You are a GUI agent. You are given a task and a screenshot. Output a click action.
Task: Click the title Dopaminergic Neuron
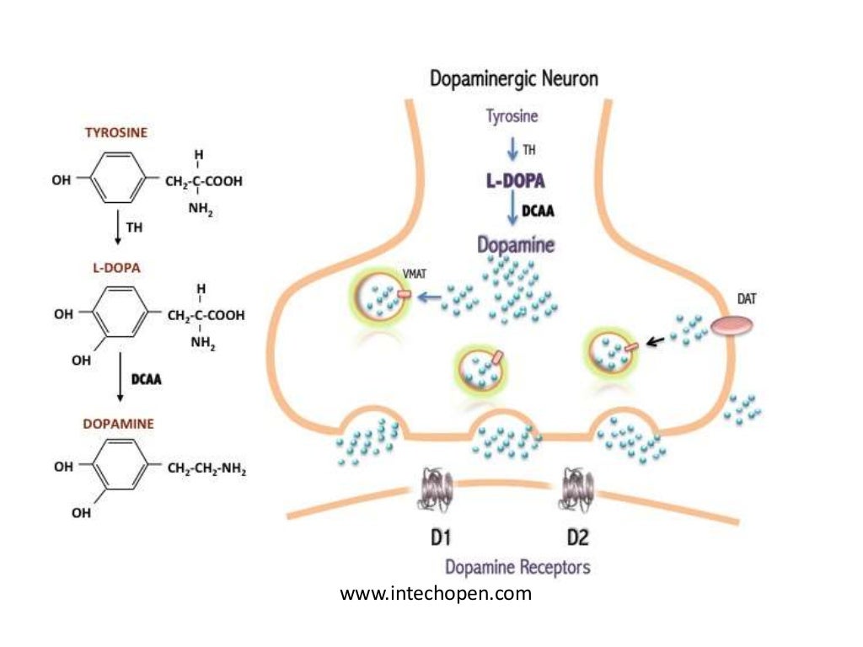click(514, 79)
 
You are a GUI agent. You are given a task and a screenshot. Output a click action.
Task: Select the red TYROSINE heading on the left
click(116, 133)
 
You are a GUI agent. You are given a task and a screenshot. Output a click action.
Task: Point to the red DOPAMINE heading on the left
click(118, 424)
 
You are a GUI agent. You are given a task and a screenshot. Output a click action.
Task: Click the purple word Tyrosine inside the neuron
click(512, 116)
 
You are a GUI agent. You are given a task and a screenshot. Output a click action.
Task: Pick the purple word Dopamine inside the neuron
click(516, 245)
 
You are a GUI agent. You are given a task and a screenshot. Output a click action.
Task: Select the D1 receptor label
click(434, 537)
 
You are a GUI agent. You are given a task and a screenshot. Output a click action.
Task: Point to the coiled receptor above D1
click(436, 487)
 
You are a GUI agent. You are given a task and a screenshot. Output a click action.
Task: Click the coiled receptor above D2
click(578, 487)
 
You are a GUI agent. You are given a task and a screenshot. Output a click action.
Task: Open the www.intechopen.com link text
click(436, 594)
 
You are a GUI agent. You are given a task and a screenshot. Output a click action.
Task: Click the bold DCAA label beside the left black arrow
click(146, 380)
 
